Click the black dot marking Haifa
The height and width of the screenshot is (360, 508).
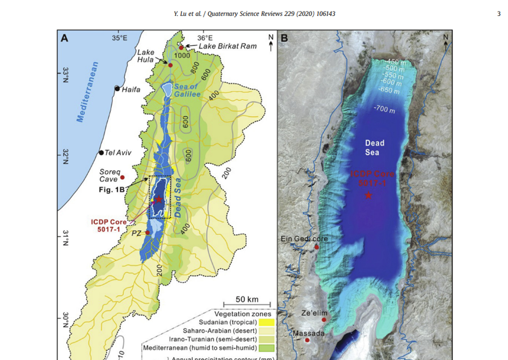point(117,89)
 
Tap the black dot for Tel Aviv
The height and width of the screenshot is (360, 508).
point(101,153)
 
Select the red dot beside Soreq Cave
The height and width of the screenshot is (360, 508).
point(122,177)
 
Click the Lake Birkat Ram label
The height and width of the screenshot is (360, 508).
point(227,46)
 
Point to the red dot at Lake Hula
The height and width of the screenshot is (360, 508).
point(170,65)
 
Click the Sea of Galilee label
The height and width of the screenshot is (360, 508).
point(187,90)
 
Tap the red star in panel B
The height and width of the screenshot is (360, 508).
point(368,195)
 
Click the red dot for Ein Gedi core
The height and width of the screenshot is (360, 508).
point(316,247)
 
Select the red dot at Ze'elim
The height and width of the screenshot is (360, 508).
point(324,320)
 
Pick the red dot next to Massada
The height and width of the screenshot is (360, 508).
point(307,340)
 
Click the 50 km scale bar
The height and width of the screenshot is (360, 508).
point(247,304)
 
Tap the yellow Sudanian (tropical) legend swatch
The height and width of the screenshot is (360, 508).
point(266,322)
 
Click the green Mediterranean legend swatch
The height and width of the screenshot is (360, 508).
point(266,348)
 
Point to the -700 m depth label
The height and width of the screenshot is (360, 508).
point(384,109)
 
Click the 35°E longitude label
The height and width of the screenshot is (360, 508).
point(119,38)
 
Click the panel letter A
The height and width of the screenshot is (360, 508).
point(64,38)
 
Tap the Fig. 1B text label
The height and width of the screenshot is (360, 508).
point(111,190)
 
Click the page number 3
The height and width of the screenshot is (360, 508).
point(499,14)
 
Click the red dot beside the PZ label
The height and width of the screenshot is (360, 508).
point(147,233)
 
